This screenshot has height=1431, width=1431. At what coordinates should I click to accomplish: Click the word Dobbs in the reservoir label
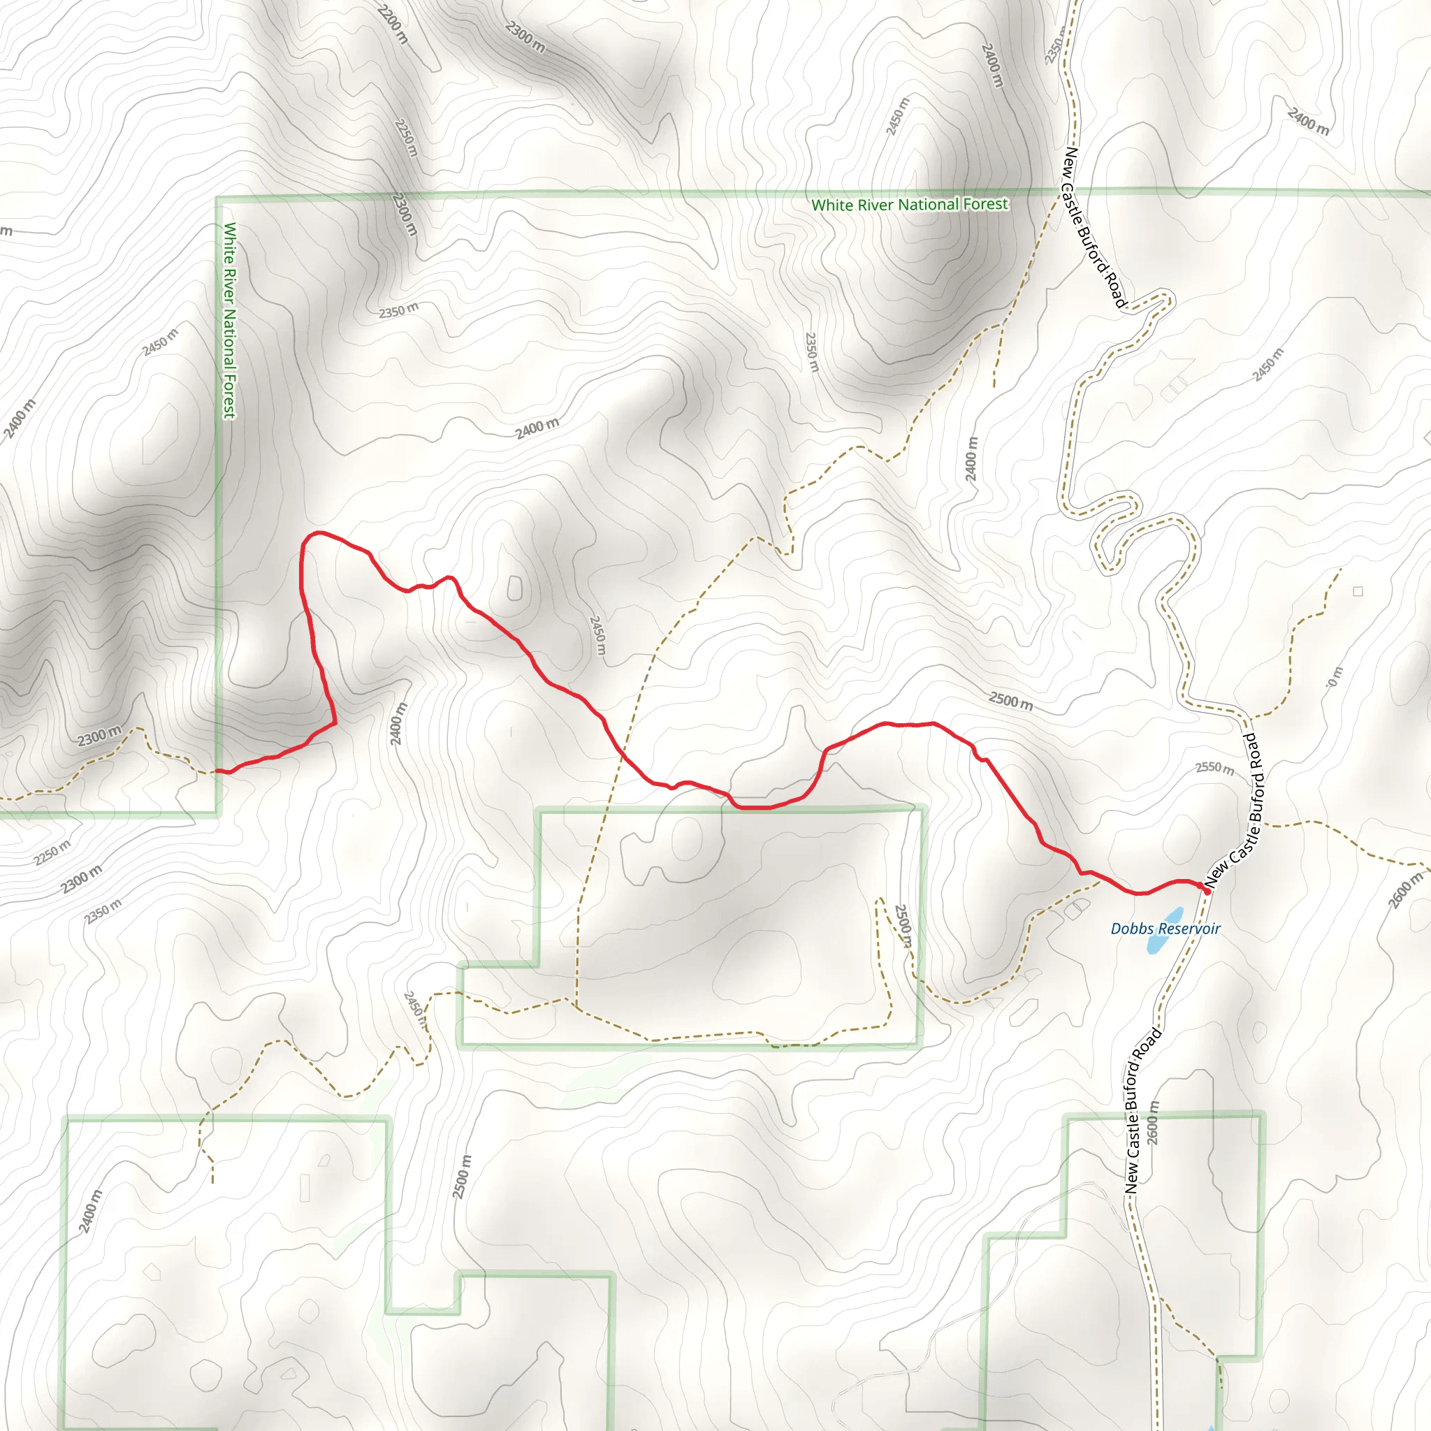pos(1131,929)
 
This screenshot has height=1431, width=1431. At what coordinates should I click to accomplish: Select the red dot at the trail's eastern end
pos(1207,891)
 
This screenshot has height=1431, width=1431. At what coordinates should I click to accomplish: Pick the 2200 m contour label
pos(393,24)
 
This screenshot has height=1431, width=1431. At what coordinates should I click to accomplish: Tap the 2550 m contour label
pos(1214,768)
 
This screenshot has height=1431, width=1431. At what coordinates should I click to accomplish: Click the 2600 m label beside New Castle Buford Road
pos(1152,1123)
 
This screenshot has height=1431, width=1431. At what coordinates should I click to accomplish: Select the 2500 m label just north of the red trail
pos(1010,700)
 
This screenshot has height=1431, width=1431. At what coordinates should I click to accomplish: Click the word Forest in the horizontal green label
pos(985,204)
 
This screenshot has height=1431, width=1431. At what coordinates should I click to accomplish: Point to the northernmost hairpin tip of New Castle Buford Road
pos(1169,298)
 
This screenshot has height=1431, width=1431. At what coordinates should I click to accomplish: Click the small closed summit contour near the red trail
pos(515,588)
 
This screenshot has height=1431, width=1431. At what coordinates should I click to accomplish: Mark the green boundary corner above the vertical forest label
pos(219,198)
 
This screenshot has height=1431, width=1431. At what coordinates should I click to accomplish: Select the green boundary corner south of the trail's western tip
pos(219,814)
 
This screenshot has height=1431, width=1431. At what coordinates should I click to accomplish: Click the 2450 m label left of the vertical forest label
pos(161,342)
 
